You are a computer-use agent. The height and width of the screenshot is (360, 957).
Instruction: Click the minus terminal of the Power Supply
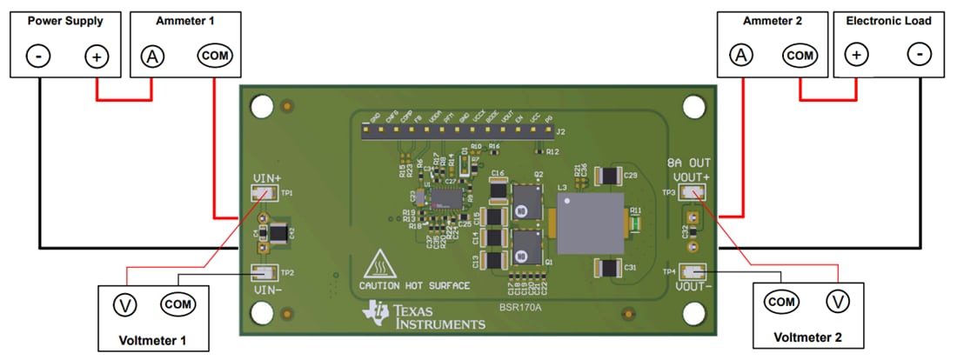(39, 57)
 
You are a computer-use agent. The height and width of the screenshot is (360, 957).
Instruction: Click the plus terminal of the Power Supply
(96, 57)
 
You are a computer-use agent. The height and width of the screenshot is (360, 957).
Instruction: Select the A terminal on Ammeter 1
(152, 57)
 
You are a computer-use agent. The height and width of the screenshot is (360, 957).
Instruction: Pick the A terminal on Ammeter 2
(741, 55)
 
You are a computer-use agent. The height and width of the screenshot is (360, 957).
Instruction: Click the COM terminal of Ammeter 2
(800, 55)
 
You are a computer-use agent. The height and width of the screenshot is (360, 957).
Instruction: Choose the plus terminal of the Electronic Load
(857, 55)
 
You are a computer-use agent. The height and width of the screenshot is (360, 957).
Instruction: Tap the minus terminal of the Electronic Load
(919, 55)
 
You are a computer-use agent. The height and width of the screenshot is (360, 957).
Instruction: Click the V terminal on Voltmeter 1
(125, 304)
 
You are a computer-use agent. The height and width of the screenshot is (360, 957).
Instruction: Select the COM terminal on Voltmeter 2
(781, 301)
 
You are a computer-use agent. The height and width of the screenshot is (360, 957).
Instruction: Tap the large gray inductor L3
(586, 223)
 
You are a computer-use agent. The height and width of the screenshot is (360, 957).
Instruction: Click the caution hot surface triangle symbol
(380, 263)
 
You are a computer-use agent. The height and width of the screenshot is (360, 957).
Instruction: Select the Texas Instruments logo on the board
(425, 317)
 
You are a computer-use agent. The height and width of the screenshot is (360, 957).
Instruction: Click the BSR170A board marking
(519, 307)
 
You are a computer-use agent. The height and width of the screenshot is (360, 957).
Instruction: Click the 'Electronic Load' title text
(887, 19)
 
